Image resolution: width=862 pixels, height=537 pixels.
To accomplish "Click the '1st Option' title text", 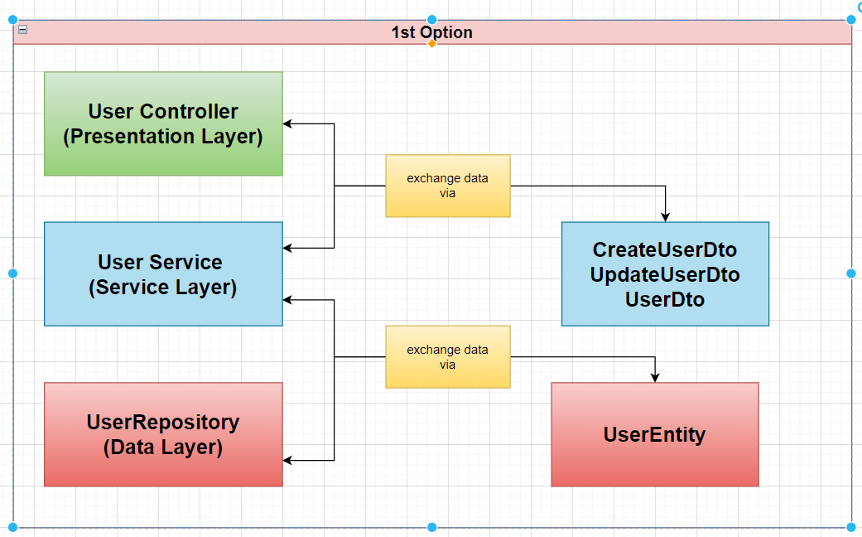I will (431, 32).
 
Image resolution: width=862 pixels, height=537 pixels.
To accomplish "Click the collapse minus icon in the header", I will (22, 29).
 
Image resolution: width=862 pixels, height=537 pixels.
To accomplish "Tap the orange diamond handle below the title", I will (431, 43).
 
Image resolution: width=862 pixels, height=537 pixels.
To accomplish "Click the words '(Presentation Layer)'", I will (163, 137).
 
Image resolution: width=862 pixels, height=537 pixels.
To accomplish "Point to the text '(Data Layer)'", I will (163, 448).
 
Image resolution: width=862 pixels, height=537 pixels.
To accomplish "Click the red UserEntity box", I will (654, 434).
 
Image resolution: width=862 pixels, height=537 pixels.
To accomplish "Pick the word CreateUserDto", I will (665, 249).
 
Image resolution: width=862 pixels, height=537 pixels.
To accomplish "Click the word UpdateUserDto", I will (665, 274).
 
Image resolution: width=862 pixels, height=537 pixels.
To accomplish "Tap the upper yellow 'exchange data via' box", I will (447, 186).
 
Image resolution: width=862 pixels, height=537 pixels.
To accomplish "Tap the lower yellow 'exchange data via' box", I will (447, 356).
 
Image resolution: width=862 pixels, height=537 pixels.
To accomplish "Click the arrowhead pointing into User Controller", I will (288, 124).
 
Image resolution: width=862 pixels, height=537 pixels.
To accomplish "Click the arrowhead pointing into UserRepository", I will (288, 460).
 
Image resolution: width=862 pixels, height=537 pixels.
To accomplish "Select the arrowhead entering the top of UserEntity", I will (655, 377).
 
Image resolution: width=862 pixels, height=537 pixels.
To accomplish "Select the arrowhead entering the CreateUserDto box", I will (665, 216).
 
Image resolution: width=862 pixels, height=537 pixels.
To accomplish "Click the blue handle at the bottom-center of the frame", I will (431, 527).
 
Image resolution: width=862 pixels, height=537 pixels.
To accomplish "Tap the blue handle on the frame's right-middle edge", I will (851, 273).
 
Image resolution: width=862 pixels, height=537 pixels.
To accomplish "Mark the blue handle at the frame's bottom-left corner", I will (12, 527).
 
